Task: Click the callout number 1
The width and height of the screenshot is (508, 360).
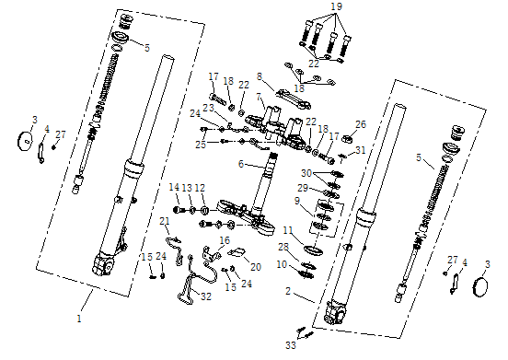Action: tap(79, 318)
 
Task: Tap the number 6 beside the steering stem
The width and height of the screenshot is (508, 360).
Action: tap(241, 164)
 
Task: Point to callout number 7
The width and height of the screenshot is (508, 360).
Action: tap(260, 98)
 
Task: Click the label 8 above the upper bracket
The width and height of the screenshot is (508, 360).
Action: tap(260, 76)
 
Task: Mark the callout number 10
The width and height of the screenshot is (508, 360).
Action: tap(283, 265)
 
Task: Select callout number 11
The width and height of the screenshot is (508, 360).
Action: tap(287, 229)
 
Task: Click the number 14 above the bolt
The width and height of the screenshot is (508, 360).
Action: tap(174, 187)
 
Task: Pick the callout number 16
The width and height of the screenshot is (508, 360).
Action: tap(224, 240)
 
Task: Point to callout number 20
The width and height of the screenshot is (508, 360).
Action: tap(255, 266)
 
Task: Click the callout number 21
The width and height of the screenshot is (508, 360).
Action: tap(165, 221)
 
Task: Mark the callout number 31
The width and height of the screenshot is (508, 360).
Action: tap(361, 150)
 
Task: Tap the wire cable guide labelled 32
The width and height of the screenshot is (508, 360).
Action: tap(189, 287)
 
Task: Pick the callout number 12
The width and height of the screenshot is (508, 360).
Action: tap(200, 187)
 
